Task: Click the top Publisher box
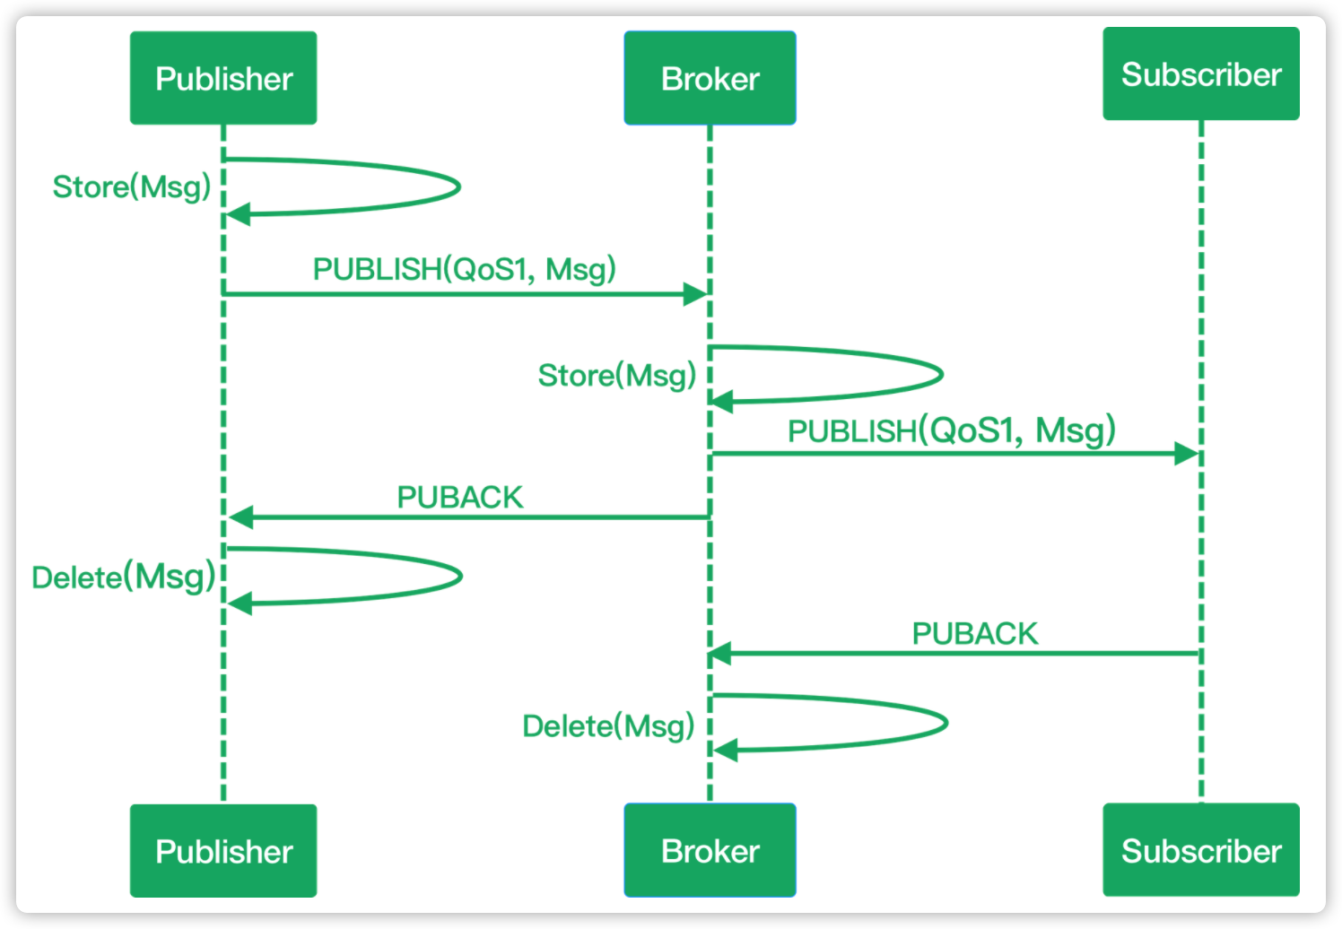[223, 78]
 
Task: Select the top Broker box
[710, 78]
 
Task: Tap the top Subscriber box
[1200, 74]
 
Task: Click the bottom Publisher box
[223, 850]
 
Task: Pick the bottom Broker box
[710, 850]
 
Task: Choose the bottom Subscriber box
[1200, 850]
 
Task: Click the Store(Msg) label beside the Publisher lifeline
[132, 187]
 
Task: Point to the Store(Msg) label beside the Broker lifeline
[617, 375]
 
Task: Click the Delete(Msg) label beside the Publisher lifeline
[124, 577]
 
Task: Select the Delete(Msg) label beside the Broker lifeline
[608, 725]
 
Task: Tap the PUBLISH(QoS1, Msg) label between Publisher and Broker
[464, 269]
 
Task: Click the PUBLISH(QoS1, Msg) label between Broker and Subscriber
[951, 430]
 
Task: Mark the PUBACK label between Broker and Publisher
[459, 497]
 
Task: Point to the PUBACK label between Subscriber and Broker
[974, 633]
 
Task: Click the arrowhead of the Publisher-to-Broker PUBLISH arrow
[695, 294]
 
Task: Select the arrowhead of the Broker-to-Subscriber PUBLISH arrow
[1186, 454]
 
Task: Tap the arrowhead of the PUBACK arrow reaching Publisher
[240, 517]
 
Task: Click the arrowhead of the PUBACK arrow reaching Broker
[721, 654]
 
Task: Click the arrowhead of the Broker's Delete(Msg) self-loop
[725, 750]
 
